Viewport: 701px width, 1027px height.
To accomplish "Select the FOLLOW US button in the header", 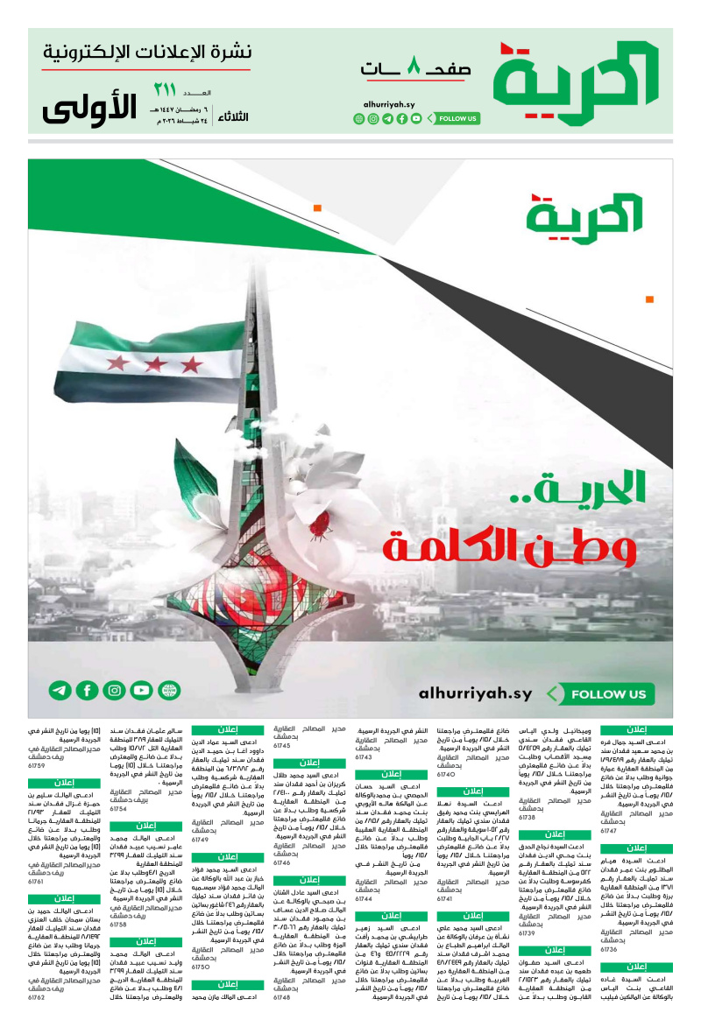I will [x=457, y=118].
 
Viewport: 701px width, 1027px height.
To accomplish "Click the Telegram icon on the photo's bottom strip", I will [x=60, y=691].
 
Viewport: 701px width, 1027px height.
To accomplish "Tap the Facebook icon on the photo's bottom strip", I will [x=87, y=691].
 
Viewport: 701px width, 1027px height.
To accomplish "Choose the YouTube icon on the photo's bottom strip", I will [x=141, y=691].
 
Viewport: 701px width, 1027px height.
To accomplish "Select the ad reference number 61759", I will [x=36, y=765].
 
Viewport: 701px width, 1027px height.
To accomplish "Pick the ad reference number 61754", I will [x=118, y=809].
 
